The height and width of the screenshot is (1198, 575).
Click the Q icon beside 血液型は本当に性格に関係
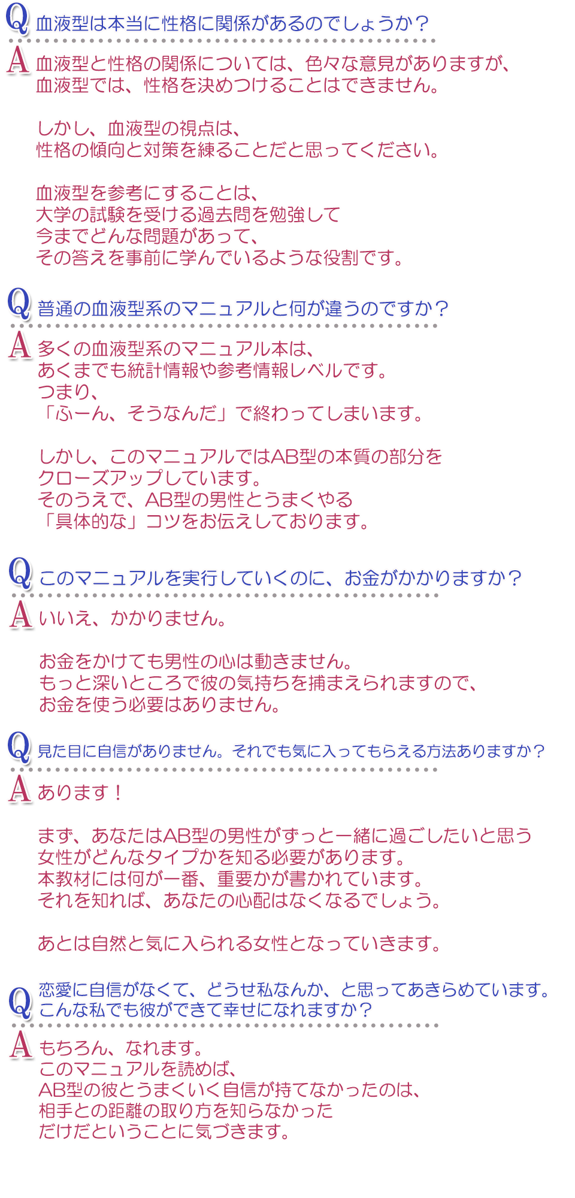(17, 19)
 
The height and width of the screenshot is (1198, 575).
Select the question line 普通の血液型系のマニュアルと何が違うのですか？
(243, 308)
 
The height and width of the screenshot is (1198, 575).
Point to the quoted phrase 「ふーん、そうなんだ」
(135, 413)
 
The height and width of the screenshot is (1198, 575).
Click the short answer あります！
(81, 792)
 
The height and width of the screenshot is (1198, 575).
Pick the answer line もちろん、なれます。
(122, 1048)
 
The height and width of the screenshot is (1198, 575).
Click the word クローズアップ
(101, 478)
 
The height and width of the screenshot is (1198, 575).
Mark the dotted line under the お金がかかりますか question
(225, 595)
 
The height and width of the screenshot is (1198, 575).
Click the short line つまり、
(68, 392)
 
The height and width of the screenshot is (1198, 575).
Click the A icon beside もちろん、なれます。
(21, 1045)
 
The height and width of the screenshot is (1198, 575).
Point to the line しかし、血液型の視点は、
(138, 128)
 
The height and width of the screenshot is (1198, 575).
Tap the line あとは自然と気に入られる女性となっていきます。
(240, 943)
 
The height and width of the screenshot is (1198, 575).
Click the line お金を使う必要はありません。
(160, 704)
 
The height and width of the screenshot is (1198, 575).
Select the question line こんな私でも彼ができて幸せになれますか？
(206, 1010)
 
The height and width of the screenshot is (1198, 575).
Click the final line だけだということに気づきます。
(165, 1132)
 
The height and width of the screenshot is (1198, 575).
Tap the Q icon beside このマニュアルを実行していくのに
(20, 573)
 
